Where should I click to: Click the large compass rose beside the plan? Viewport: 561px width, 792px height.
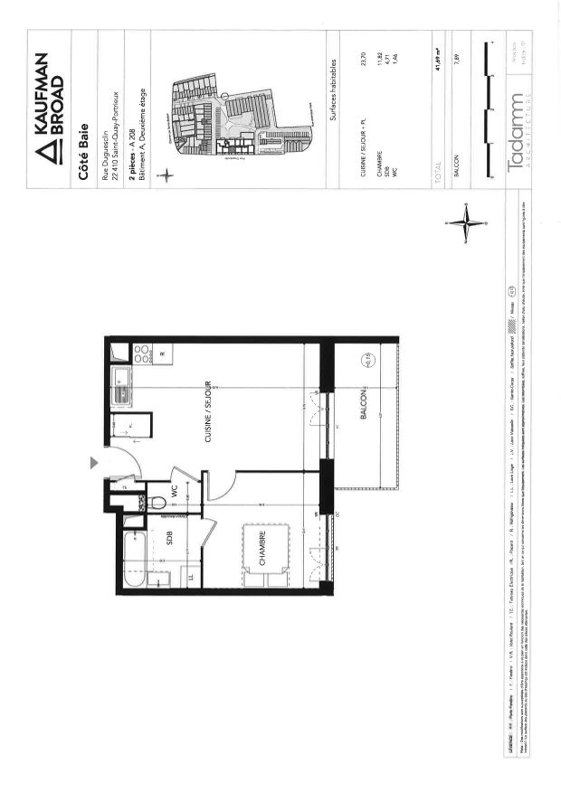468,222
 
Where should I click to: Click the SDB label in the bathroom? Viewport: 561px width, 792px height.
170,538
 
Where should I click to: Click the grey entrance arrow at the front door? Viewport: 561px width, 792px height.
92,463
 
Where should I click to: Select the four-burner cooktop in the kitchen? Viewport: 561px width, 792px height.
142,354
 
